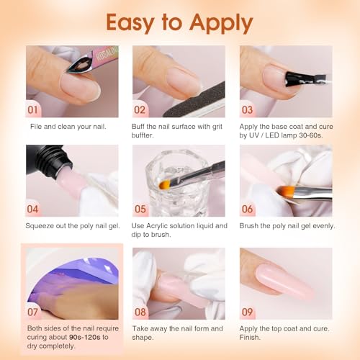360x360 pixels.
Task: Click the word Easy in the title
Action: tap(136, 23)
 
